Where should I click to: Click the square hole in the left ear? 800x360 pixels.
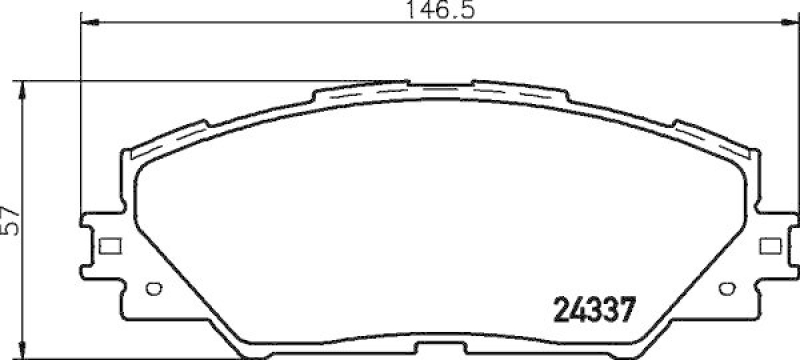tap(111, 243)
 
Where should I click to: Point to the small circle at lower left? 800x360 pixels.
tap(153, 291)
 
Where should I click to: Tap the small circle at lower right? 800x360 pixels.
tap(725, 291)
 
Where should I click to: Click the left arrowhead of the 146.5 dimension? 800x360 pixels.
tap(84, 22)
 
